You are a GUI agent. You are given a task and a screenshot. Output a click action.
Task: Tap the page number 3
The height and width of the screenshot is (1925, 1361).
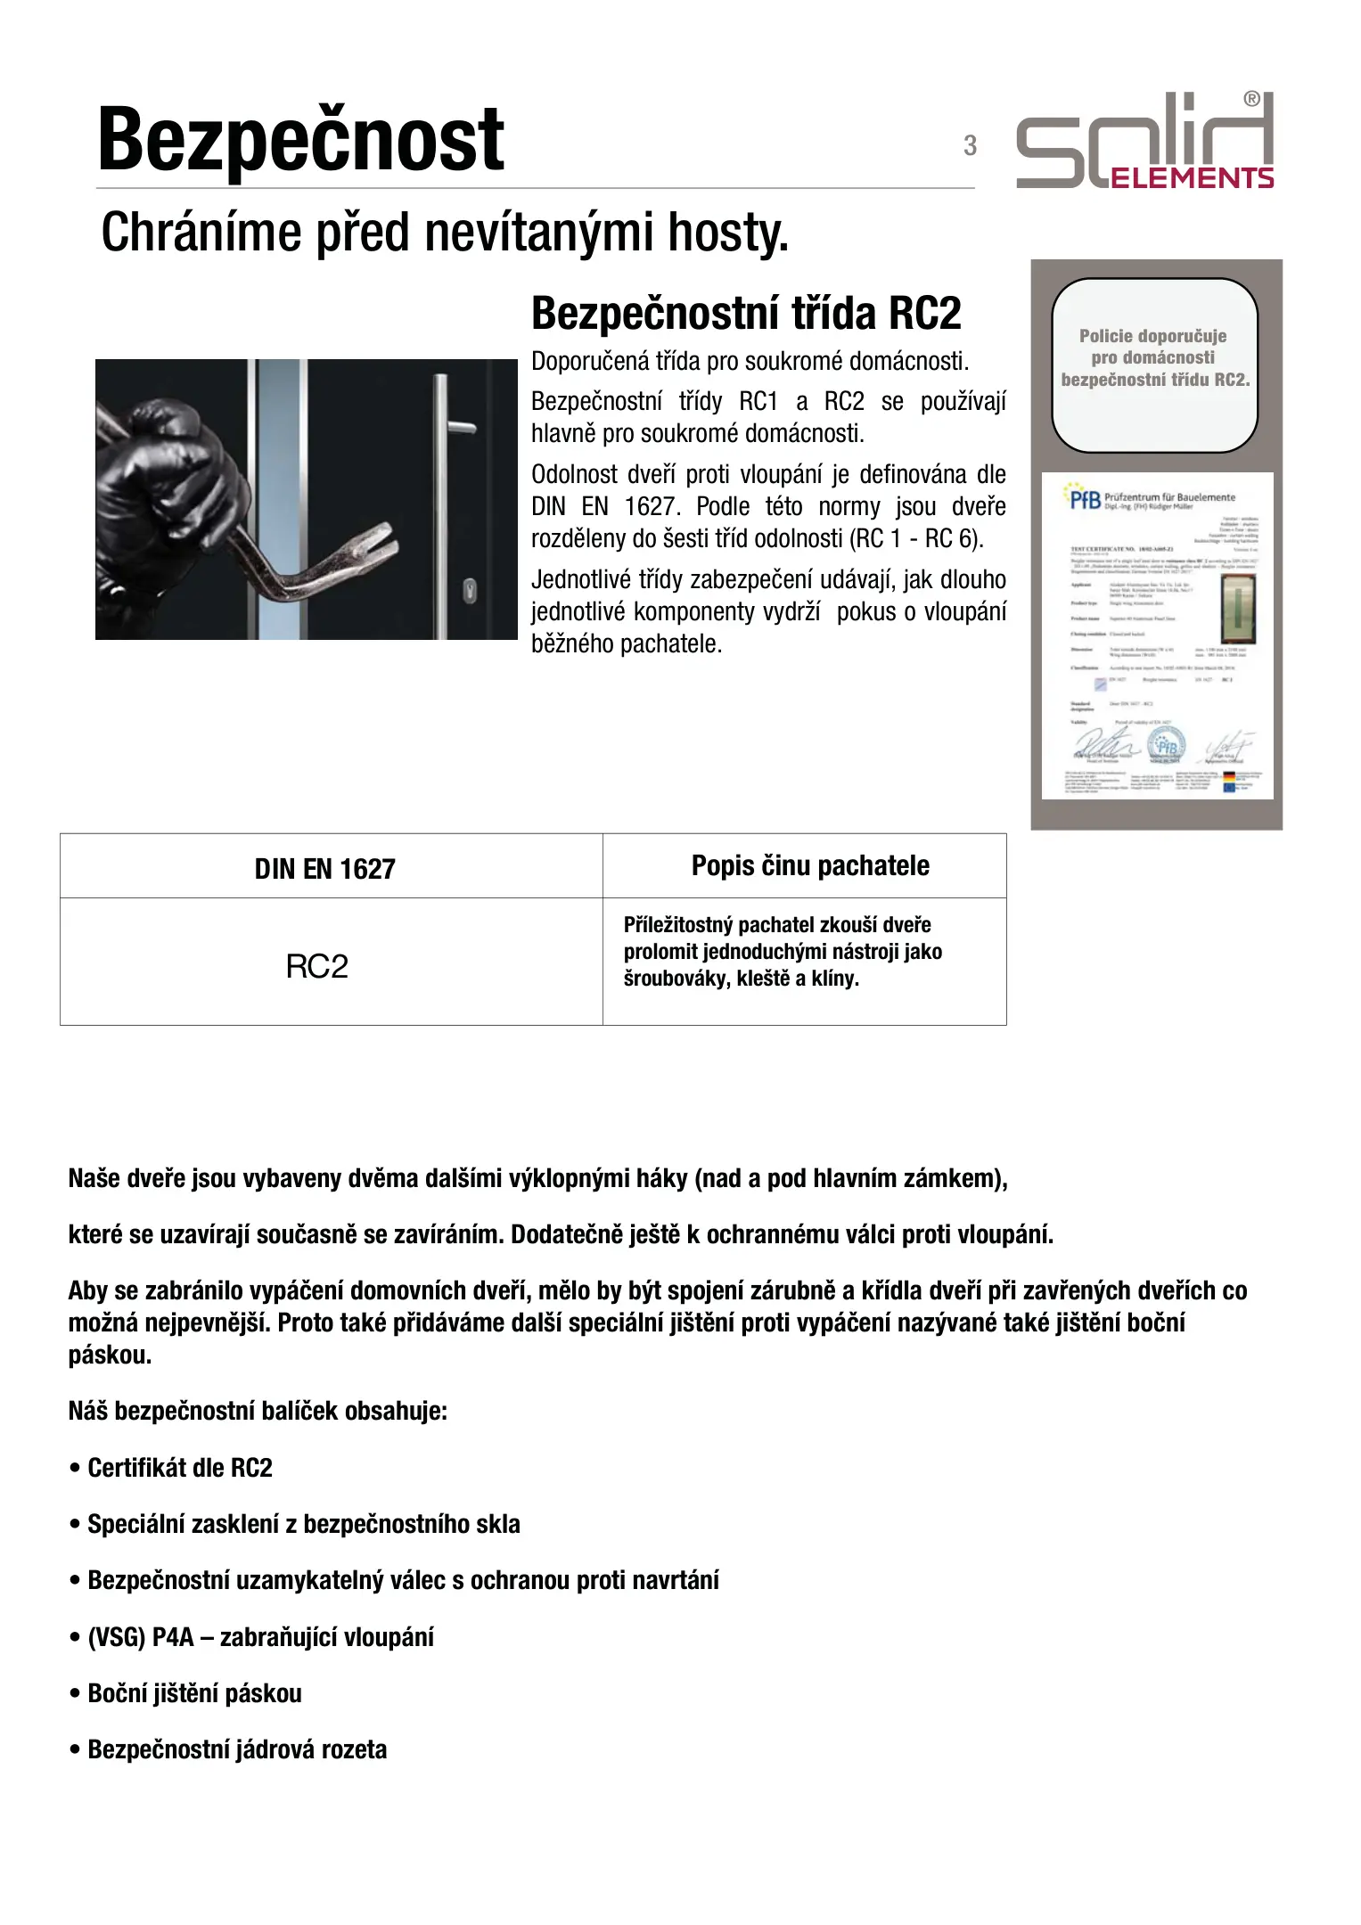pyautogui.click(x=970, y=145)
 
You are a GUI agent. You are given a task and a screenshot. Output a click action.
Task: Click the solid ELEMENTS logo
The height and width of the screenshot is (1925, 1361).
pyautogui.click(x=1146, y=143)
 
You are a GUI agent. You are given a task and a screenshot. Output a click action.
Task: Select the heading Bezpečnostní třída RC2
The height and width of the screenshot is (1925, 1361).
pyautogui.click(x=746, y=314)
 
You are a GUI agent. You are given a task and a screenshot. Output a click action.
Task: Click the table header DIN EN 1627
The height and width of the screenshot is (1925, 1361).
pyautogui.click(x=324, y=868)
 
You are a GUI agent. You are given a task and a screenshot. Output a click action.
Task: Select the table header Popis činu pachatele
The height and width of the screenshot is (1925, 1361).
pyautogui.click(x=810, y=865)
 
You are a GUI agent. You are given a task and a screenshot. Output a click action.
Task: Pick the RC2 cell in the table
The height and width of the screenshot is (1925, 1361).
pyautogui.click(x=316, y=966)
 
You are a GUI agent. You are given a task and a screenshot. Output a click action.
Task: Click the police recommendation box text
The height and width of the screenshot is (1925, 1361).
pyautogui.click(x=1154, y=357)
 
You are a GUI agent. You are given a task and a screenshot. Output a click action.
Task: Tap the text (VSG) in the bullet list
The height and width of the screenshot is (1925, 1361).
pyautogui.click(x=116, y=1637)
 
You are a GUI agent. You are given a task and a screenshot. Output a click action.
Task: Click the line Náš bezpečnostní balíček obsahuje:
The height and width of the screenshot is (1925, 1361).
pyautogui.click(x=258, y=1412)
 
